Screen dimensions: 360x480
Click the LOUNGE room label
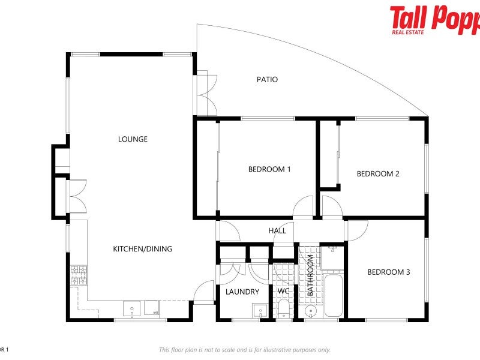(x=133, y=139)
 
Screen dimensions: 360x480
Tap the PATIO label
(x=267, y=79)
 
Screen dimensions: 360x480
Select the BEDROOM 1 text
(x=269, y=169)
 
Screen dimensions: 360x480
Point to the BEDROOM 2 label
(x=378, y=174)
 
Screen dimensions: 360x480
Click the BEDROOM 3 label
(x=388, y=272)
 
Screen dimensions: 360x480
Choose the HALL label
(x=277, y=230)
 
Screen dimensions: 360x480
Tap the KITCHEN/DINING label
(x=143, y=248)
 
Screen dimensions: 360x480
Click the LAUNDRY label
(x=242, y=292)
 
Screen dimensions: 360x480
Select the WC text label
(x=283, y=292)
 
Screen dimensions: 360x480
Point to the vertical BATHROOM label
(x=311, y=275)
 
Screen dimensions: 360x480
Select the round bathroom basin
(x=310, y=311)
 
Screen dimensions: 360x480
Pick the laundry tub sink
(x=259, y=310)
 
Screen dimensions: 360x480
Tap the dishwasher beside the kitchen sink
(x=152, y=308)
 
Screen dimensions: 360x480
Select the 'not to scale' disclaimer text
(x=244, y=350)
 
